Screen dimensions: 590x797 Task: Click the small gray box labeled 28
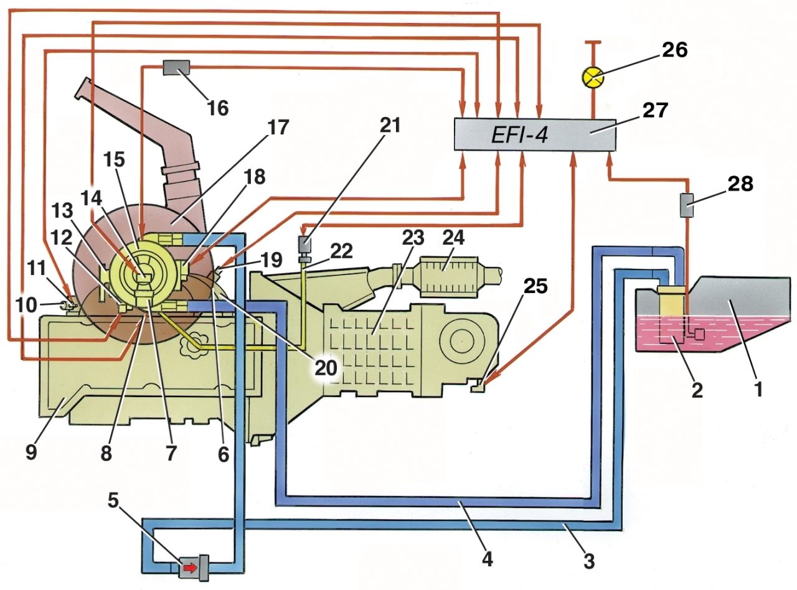[686, 205]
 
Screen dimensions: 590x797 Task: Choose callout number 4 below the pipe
[487, 560]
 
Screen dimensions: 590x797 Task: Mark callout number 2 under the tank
[697, 390]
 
